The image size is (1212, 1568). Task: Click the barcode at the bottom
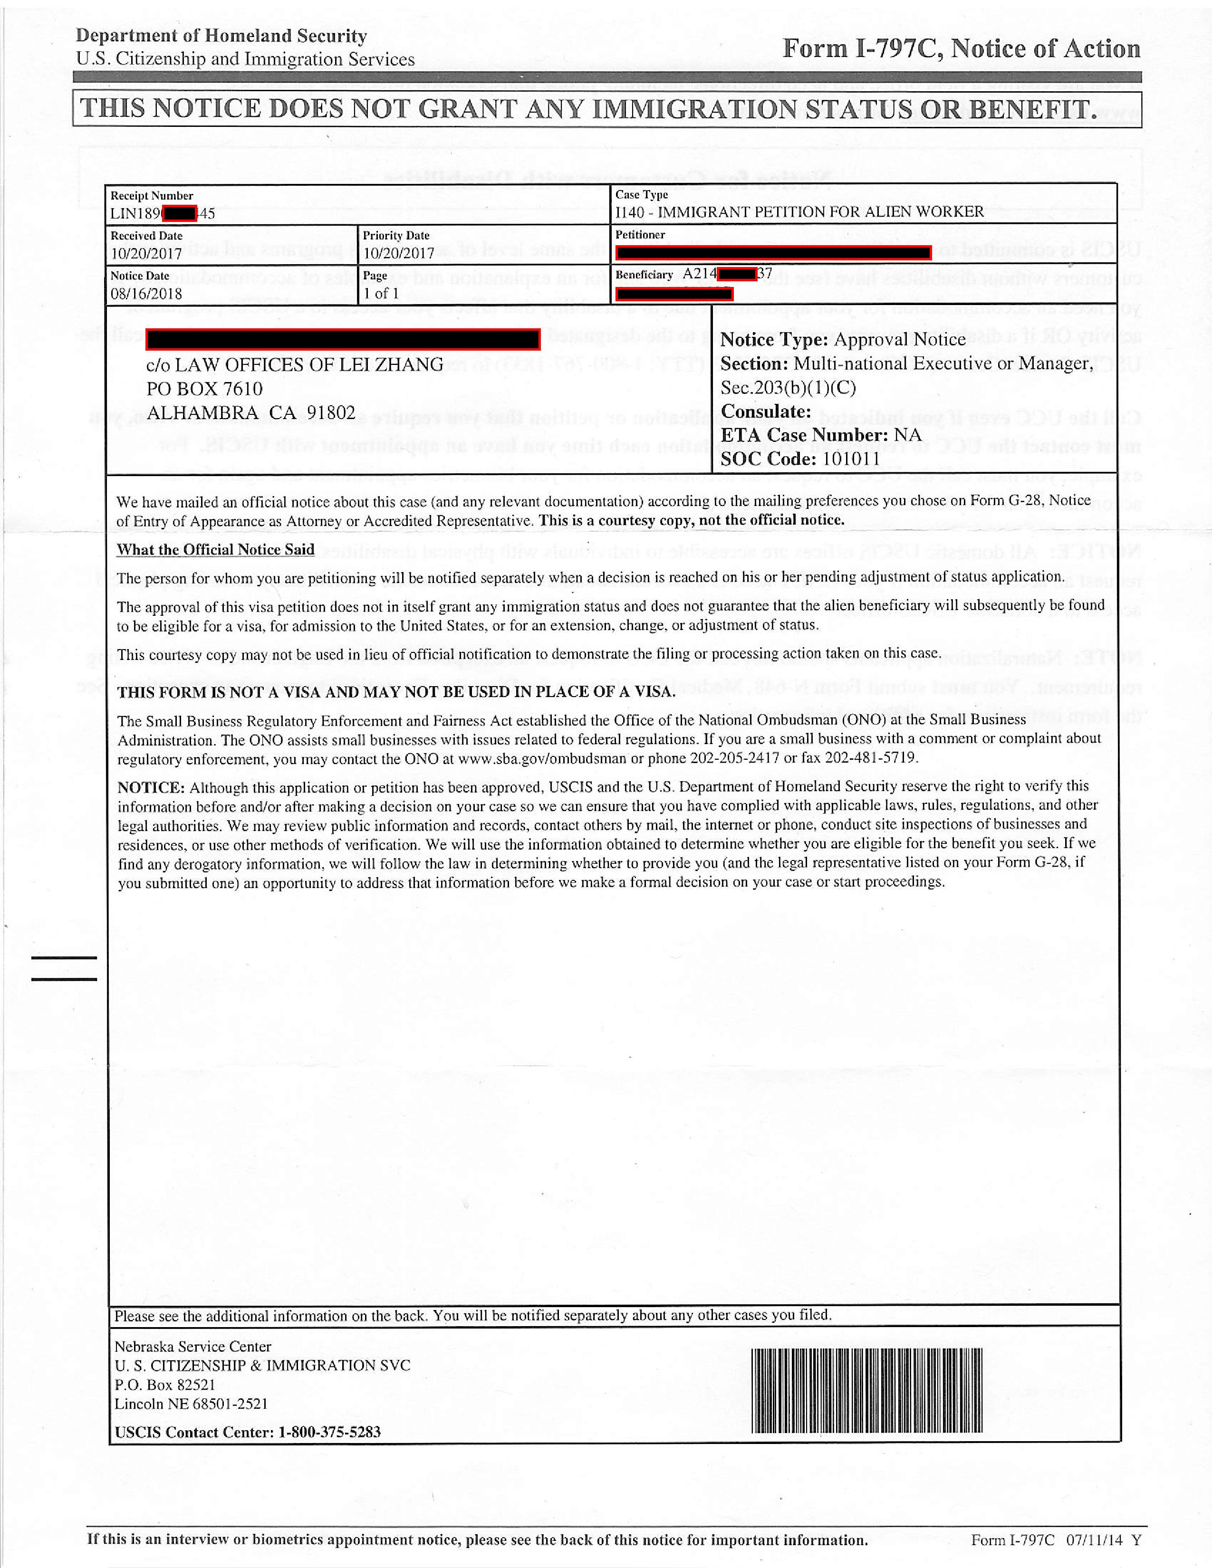point(866,1391)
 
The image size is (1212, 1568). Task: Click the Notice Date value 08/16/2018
point(146,294)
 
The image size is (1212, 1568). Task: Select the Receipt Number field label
point(152,196)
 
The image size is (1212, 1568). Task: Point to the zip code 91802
point(331,413)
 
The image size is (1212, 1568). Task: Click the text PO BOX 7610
point(205,389)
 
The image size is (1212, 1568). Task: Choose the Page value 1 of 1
point(381,294)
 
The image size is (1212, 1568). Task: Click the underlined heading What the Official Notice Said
point(215,550)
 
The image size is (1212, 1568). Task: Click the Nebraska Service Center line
point(193,1347)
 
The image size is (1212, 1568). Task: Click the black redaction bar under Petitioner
point(773,252)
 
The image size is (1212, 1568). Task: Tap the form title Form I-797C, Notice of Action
point(961,49)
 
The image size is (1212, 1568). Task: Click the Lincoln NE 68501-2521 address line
point(191,1404)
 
